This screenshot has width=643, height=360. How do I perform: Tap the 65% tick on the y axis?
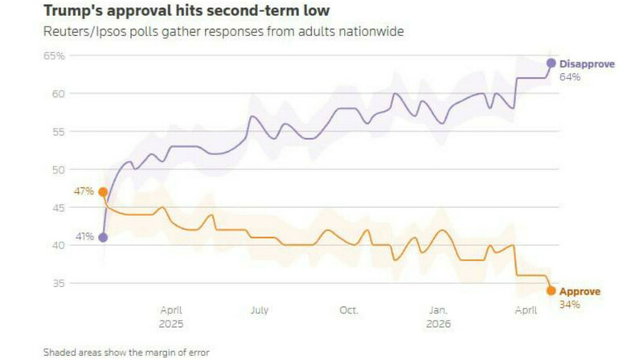click(x=55, y=56)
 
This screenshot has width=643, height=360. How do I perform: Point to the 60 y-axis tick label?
click(x=58, y=94)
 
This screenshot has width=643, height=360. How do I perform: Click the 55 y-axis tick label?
click(x=58, y=132)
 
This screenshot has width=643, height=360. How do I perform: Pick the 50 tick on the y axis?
click(x=58, y=170)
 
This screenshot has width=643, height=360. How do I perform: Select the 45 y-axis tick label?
click(x=58, y=207)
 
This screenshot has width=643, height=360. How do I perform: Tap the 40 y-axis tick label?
click(x=58, y=245)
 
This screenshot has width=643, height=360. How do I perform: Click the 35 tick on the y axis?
click(x=58, y=283)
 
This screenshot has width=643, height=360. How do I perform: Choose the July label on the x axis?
click(x=259, y=309)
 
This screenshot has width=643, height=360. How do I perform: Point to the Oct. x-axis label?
click(x=349, y=309)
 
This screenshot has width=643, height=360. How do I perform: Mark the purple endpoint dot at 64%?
click(x=551, y=63)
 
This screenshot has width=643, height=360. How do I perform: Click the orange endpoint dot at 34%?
click(x=551, y=291)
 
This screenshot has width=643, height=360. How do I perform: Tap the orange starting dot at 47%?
click(x=103, y=192)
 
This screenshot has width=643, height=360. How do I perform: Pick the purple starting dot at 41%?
click(x=103, y=237)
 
